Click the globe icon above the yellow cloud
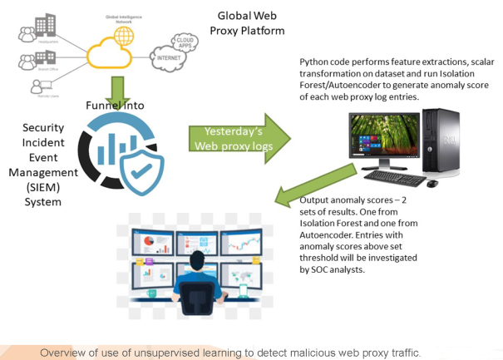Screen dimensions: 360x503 pyautogui.click(x=123, y=35)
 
